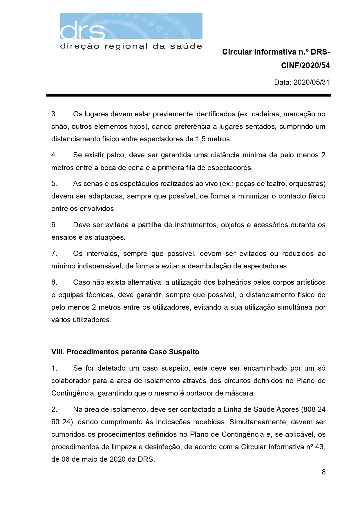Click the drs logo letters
point(83,30)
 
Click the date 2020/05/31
point(311,82)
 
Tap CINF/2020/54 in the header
point(305,66)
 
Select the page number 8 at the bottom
point(323,472)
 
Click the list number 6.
point(54,225)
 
